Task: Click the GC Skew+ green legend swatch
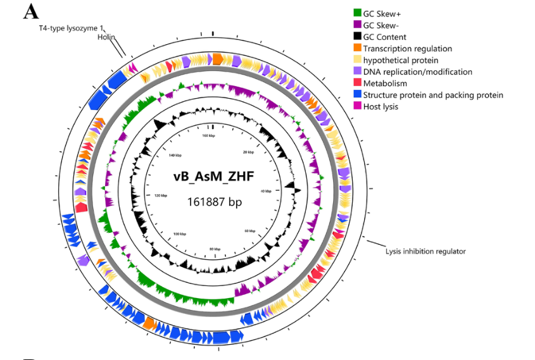358,13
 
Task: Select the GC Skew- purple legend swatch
358,25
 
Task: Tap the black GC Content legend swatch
358,37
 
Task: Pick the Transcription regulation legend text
408,49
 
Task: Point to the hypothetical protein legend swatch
358,60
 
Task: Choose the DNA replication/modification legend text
418,72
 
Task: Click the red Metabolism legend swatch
358,84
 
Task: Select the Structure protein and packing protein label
433,95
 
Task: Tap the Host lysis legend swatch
358,107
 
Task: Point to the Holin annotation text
106,37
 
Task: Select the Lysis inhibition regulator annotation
425,251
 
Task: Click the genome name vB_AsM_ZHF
214,177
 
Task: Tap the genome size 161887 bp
215,202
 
